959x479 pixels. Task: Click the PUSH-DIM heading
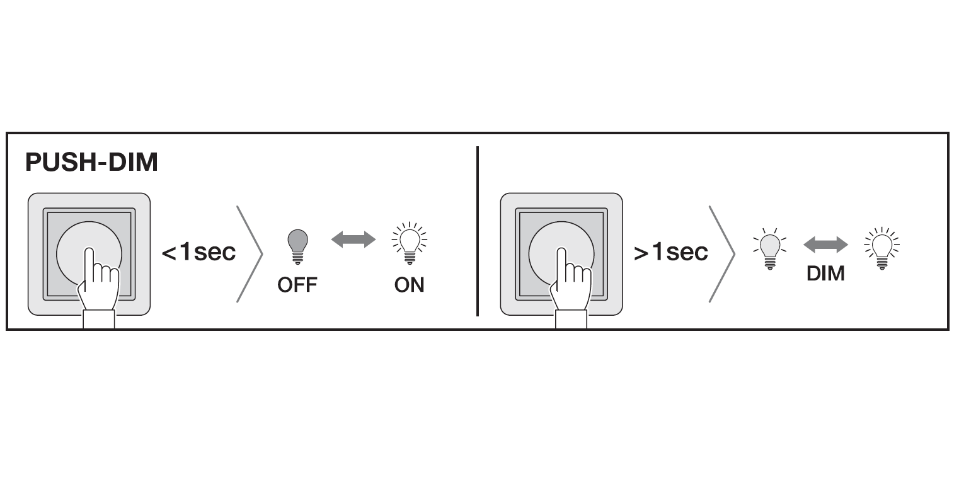91,163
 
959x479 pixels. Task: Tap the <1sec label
198,252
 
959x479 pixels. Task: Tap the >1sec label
671,252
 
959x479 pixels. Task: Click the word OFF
297,285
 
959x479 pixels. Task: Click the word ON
410,285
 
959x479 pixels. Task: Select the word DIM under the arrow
825,274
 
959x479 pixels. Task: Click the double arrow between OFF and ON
353,239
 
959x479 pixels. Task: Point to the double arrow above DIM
825,246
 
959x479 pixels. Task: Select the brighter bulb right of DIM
882,246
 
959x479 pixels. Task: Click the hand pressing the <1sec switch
99,280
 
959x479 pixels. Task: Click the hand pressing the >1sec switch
571,280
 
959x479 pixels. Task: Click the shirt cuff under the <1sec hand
99,319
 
